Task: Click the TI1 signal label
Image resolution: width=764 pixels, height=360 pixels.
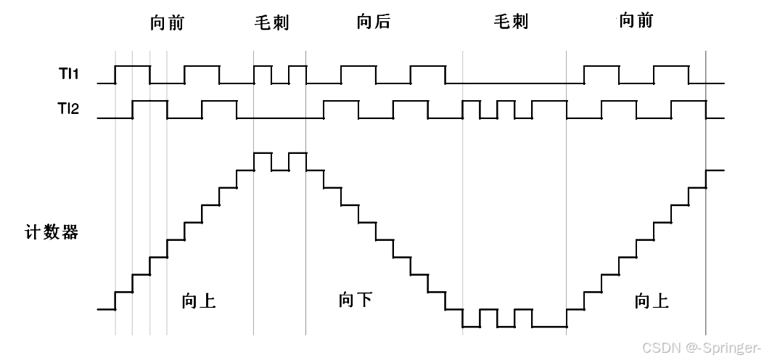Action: [68, 75]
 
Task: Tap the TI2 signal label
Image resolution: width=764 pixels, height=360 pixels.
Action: [68, 110]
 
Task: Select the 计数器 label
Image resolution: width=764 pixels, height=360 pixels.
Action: [51, 233]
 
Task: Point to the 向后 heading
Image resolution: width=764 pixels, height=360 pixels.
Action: [373, 22]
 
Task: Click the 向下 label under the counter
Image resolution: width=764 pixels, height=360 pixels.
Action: [356, 299]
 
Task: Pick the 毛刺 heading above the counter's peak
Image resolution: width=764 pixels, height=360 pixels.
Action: [271, 22]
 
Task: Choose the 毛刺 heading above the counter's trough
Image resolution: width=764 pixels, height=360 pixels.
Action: [511, 22]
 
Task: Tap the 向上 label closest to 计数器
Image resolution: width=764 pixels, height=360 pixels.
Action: [199, 301]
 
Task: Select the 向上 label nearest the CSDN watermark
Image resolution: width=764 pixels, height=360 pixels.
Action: [652, 301]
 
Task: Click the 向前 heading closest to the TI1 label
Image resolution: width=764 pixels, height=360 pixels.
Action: [167, 22]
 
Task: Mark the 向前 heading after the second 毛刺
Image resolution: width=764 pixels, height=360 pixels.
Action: [636, 20]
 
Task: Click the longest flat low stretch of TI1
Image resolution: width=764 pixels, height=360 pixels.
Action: [515, 83]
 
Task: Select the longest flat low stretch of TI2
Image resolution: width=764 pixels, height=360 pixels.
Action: [280, 118]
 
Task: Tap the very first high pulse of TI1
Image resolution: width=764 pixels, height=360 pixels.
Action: [133, 66]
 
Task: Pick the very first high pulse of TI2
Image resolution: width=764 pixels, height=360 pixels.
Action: [150, 101]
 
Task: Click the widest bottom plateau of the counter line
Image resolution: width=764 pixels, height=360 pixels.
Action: [549, 327]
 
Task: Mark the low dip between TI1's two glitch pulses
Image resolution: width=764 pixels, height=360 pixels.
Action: [280, 83]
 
